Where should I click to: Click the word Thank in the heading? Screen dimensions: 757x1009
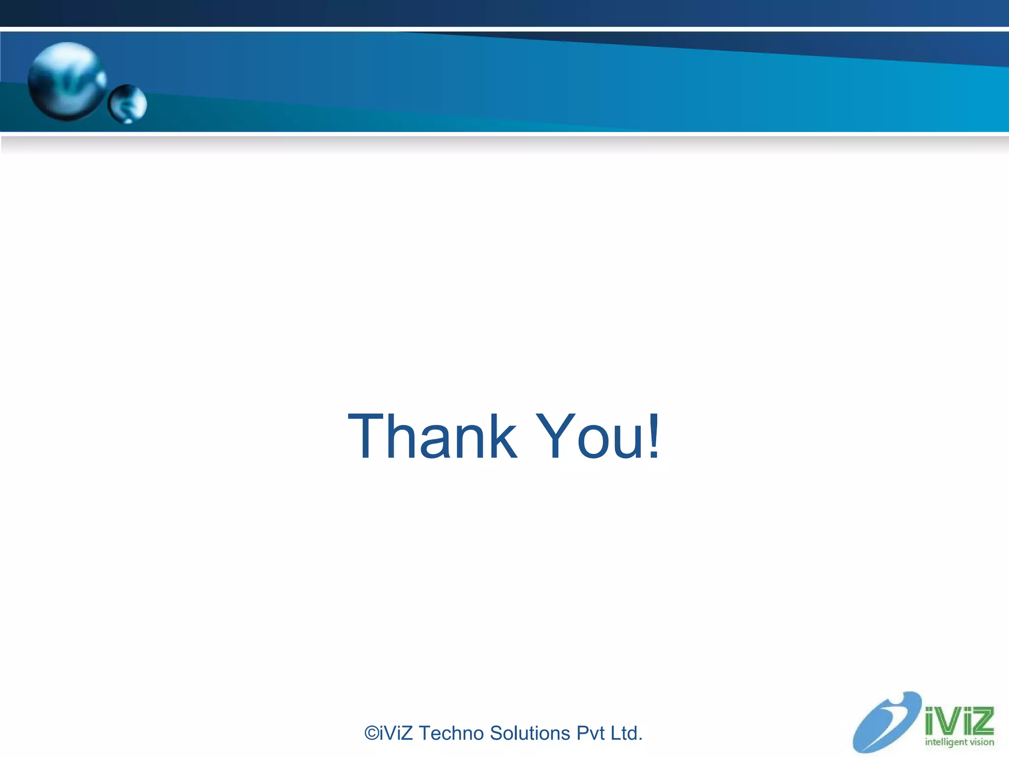tap(433, 437)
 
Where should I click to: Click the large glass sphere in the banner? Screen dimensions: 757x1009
tap(67, 81)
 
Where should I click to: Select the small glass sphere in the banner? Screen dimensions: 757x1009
tap(127, 104)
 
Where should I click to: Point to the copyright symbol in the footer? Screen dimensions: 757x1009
tap(372, 733)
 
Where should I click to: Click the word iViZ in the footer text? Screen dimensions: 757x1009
tap(397, 733)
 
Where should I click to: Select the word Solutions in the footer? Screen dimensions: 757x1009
tap(530, 733)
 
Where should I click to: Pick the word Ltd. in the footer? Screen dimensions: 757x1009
tap(626, 733)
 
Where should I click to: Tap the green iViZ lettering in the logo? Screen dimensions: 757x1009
tap(959, 721)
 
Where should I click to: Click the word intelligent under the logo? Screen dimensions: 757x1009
tap(946, 743)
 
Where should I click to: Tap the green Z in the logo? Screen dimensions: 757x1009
tap(982, 721)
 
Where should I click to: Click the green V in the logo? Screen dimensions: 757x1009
tap(953, 722)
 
